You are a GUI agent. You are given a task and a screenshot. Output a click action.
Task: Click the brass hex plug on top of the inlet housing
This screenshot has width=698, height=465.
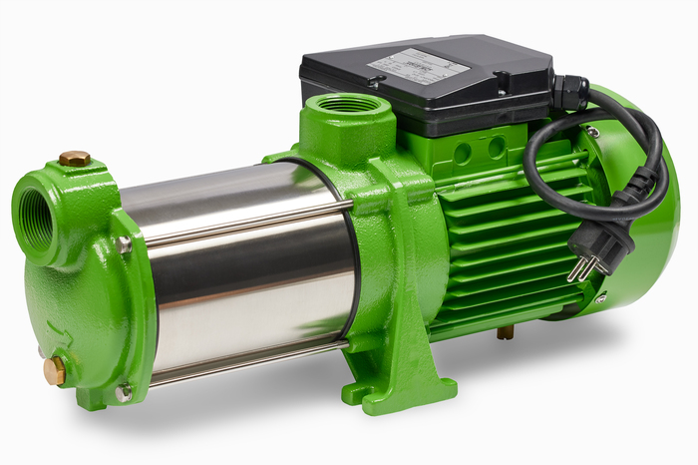point(74,158)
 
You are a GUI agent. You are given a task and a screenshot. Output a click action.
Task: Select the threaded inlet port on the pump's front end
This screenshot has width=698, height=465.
point(37,215)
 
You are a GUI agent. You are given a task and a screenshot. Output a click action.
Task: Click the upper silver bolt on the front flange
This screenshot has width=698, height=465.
point(123,243)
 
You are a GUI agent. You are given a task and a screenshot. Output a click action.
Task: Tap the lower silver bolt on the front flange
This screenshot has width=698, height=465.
point(122,392)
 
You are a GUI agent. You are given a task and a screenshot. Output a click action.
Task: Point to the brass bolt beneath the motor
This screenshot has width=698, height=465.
point(506,332)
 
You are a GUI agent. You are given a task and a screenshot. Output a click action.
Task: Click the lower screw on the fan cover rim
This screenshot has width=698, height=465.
point(600,298)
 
